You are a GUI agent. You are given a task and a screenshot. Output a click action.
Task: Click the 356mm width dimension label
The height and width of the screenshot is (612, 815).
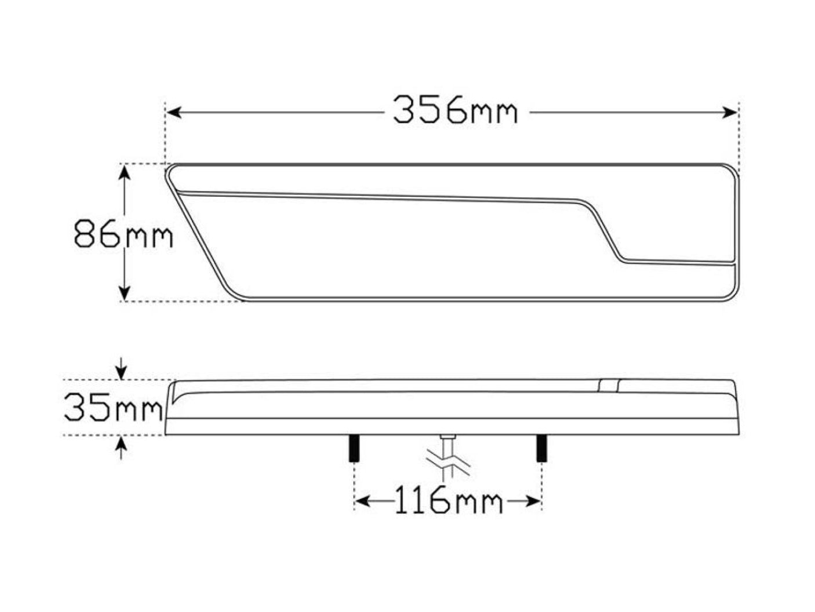point(454,110)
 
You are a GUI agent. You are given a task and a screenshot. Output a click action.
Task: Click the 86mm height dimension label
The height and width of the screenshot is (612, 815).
point(123,235)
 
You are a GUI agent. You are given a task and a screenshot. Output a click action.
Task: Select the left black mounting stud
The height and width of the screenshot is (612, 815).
point(352,448)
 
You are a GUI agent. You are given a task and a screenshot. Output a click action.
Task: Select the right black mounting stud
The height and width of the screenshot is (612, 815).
point(541,448)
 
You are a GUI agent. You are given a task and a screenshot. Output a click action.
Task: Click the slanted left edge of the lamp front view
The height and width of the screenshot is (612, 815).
point(197,232)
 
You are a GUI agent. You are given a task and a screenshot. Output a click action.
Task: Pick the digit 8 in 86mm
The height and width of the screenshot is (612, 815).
point(85,235)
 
